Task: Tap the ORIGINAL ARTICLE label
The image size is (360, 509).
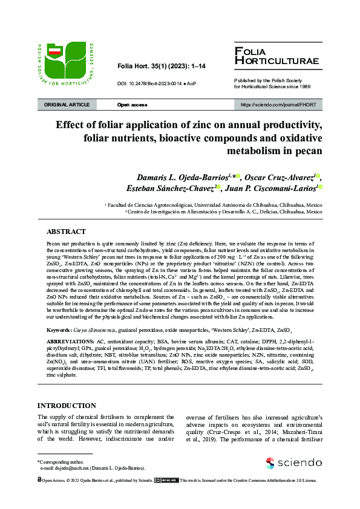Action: click(67, 105)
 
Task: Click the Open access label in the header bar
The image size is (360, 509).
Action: click(132, 105)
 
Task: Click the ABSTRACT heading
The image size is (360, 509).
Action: click(66, 232)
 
